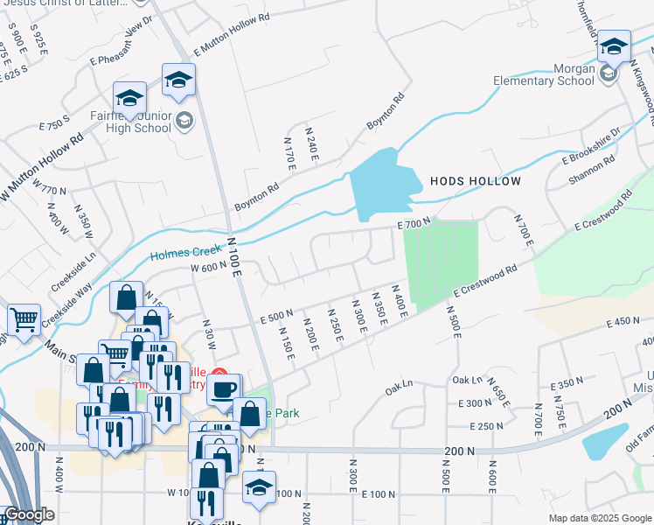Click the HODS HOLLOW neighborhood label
tap(475, 181)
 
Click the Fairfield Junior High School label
tap(129, 121)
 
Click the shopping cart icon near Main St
tap(24, 318)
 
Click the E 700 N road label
tap(414, 226)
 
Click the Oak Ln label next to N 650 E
tap(468, 380)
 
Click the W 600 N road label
tap(208, 266)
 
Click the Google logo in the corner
tap(28, 514)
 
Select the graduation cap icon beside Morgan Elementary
tap(615, 47)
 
